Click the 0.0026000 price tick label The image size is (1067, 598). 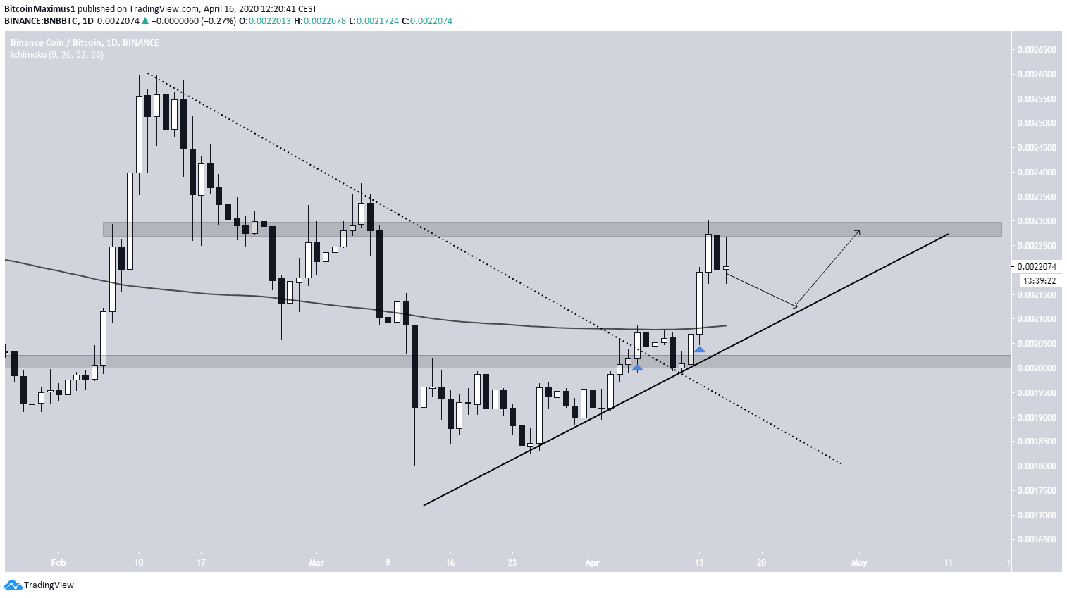1036,74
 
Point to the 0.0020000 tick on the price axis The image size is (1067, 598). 1036,368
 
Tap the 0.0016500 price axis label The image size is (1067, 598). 1036,540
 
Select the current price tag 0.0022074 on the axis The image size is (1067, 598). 1036,267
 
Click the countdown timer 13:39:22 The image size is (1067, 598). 1040,281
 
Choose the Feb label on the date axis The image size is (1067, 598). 58,563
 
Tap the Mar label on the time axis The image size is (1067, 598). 316,563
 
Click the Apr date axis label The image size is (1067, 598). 592,563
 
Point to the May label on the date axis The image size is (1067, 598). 859,563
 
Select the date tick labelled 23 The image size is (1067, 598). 512,563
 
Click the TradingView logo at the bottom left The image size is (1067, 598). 39,585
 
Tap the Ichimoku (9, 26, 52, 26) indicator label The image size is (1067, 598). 57,54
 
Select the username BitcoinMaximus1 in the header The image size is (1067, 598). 39,9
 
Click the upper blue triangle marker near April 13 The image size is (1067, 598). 699,349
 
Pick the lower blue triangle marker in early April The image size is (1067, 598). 637,368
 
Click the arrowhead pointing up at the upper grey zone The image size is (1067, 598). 858,231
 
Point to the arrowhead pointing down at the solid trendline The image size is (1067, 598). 795,306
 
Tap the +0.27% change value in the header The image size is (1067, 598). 222,21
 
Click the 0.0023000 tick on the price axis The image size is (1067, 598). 1036,221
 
